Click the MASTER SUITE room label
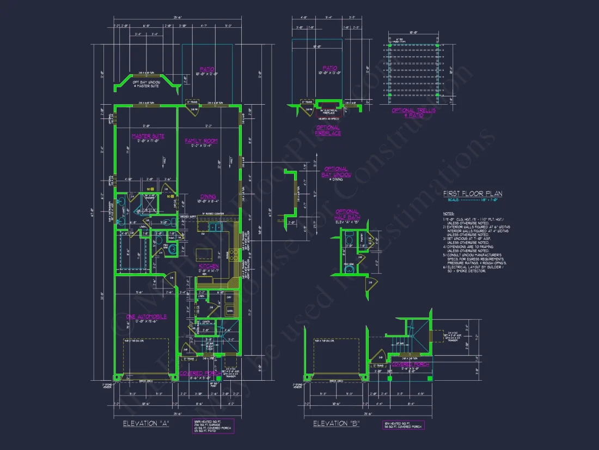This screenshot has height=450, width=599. pos(148,136)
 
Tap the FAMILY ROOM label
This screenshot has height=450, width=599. pos(201,141)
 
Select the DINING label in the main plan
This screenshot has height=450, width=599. pos(207,196)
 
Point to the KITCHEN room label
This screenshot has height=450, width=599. pos(209,266)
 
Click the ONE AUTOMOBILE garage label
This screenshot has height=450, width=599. pos(146,316)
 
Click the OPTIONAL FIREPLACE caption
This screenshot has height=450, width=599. pos(328,130)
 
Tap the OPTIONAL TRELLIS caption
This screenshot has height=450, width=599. pos(414,113)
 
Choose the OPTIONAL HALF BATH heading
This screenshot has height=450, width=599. pos(347,214)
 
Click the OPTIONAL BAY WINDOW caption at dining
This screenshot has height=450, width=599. pos(336,172)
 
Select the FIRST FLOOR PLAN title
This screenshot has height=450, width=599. pos(472,193)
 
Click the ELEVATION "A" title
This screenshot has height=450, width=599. pos(145,423)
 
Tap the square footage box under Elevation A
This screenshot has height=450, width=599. pos(213,426)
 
